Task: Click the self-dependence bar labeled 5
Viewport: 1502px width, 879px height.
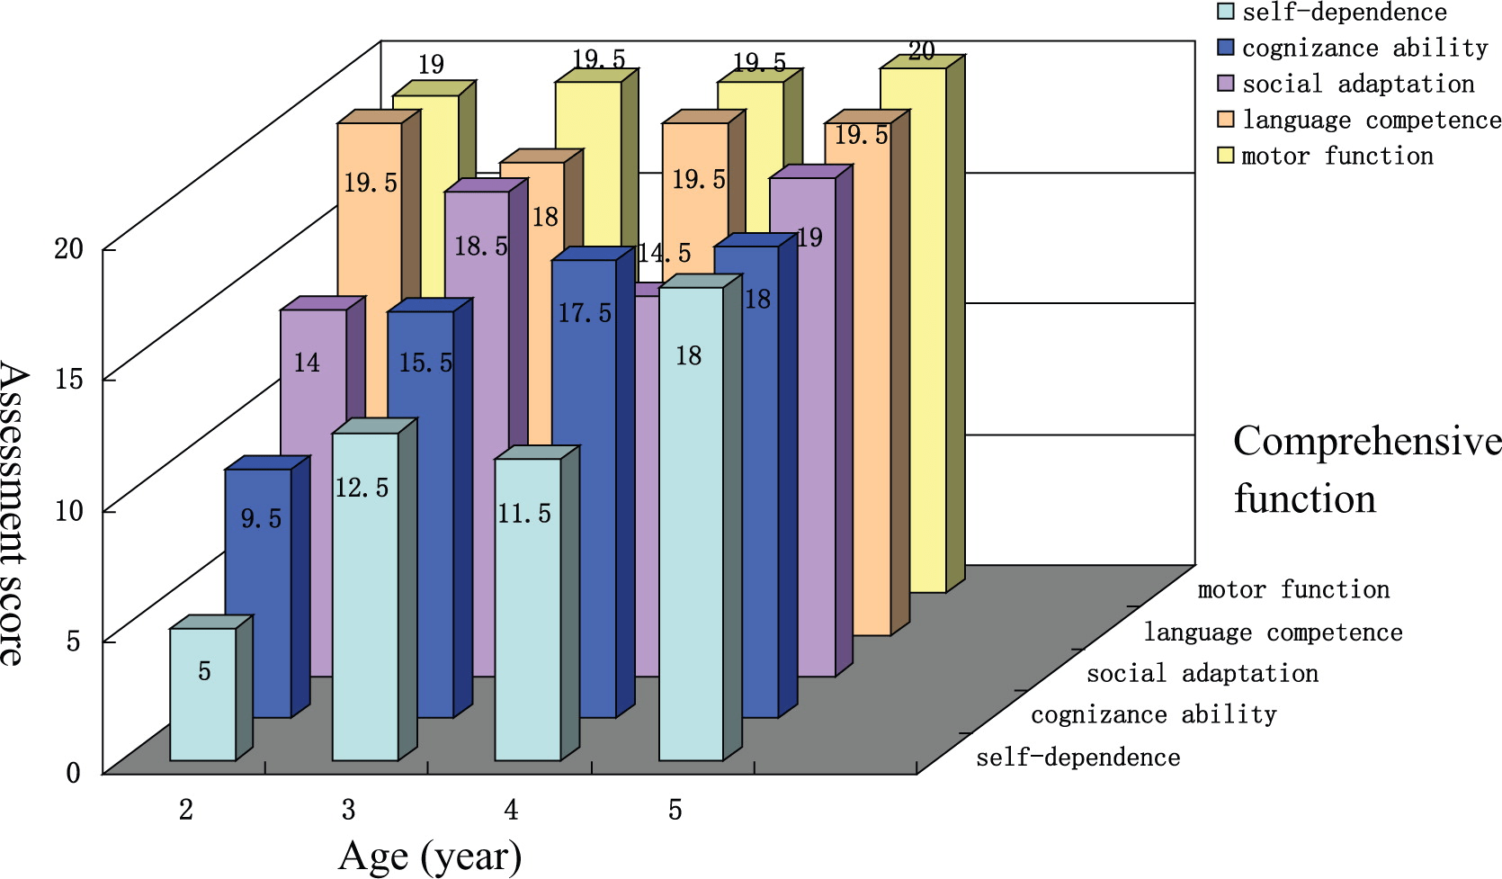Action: click(203, 695)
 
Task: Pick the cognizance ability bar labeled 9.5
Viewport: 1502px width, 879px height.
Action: click(258, 593)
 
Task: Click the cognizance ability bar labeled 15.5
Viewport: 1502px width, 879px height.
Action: click(422, 514)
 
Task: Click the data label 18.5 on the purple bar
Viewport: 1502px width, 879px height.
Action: click(481, 246)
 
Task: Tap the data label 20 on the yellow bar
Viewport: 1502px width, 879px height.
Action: click(921, 51)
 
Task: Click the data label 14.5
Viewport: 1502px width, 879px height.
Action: click(664, 253)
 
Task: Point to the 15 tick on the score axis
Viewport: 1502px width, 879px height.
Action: click(68, 379)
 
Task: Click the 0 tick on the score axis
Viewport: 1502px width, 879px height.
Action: click(73, 772)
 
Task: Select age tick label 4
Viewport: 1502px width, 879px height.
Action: click(511, 811)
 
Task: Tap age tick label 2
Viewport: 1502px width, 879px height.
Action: click(186, 811)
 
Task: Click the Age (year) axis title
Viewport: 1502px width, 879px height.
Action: click(430, 857)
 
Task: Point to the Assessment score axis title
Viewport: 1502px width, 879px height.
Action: click(13, 513)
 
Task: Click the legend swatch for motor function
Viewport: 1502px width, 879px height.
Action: click(1225, 156)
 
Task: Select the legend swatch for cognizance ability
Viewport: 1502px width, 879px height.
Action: click(1225, 47)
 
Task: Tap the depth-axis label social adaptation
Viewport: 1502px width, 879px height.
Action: click(1202, 673)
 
